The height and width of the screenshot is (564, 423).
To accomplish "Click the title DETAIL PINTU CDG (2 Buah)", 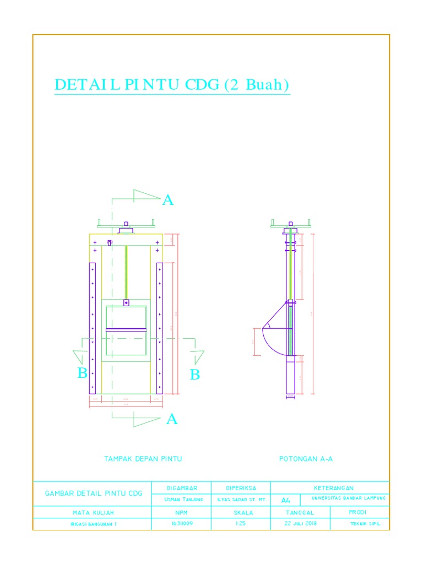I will (172, 85).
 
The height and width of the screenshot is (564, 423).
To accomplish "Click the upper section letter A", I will (167, 200).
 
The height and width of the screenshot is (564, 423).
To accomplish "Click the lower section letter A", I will (172, 420).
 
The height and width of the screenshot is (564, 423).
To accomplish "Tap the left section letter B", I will (82, 373).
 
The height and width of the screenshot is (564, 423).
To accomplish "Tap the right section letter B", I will (194, 375).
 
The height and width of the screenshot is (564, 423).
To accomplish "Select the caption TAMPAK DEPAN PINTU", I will (143, 458).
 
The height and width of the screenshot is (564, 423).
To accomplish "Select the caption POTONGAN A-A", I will (306, 458).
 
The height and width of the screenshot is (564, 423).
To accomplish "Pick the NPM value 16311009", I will (182, 524).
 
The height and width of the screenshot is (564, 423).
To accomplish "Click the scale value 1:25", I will (241, 524).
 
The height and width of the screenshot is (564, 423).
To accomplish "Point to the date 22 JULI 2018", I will (300, 524).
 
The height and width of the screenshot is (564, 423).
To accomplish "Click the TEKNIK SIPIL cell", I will (365, 524).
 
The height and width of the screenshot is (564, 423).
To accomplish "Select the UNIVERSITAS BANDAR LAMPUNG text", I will (349, 498).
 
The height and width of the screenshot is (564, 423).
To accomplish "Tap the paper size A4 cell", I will (286, 500).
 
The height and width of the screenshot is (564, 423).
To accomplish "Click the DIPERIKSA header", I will (241, 488).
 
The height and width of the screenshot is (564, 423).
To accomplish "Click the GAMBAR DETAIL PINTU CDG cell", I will (93, 493).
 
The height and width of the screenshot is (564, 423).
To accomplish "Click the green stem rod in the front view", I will (126, 273).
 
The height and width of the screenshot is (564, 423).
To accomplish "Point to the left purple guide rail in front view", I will (93, 328).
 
